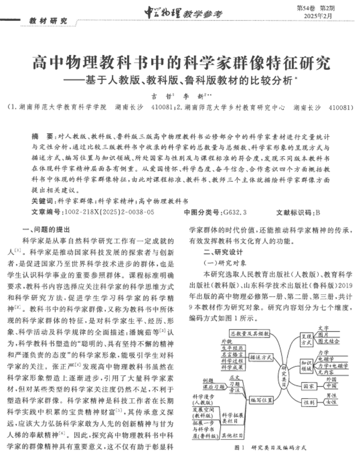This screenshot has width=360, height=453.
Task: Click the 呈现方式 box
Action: [307, 339]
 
